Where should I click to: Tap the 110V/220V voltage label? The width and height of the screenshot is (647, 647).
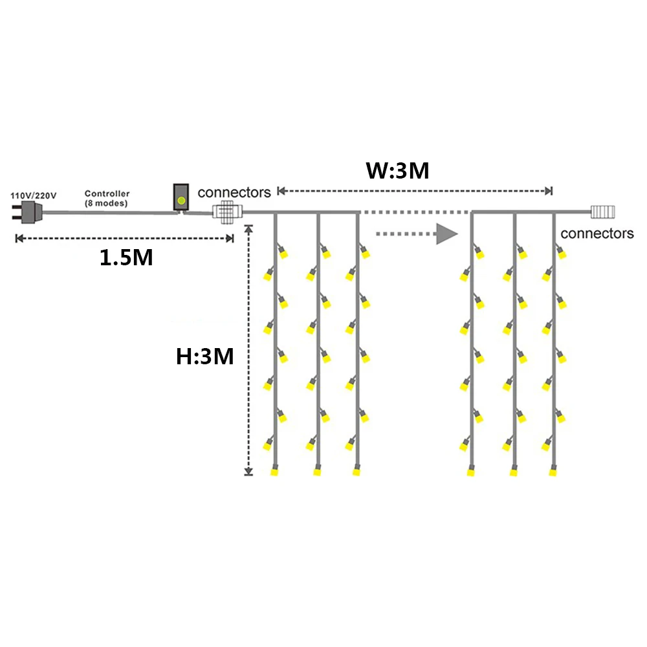point(34,195)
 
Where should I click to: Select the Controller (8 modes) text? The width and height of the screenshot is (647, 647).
point(107,198)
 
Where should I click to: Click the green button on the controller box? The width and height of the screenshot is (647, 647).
point(181,201)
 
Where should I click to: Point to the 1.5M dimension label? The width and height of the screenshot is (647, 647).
point(126,257)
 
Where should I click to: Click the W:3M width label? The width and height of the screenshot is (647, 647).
point(397,170)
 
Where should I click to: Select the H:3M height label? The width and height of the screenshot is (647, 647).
point(204,356)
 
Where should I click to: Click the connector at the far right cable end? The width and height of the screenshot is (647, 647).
point(603,212)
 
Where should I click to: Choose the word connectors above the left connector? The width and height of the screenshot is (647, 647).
point(234,192)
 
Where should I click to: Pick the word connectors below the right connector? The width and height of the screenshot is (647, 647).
point(597,234)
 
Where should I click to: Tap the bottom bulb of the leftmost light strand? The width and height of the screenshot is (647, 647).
point(274,470)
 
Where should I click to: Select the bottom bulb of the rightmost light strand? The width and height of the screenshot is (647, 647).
point(553,470)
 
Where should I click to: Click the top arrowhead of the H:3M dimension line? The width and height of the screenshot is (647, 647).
point(248,228)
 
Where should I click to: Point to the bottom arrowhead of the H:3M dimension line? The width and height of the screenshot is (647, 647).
point(248,472)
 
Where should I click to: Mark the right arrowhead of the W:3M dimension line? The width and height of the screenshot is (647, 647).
point(549,191)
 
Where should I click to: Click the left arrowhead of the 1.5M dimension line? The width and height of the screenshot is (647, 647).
point(19,239)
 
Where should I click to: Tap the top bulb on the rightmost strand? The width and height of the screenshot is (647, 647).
point(561,252)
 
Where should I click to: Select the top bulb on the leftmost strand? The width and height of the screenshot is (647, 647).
point(282,252)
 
